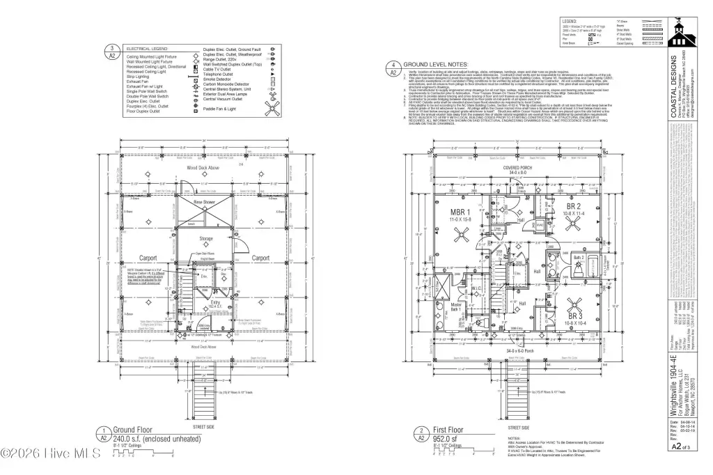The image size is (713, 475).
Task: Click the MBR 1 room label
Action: [x=460, y=212]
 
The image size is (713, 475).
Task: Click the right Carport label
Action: [x=260, y=258]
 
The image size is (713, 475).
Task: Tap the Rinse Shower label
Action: [x=205, y=201]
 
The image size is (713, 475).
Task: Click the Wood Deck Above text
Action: [x=205, y=169]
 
